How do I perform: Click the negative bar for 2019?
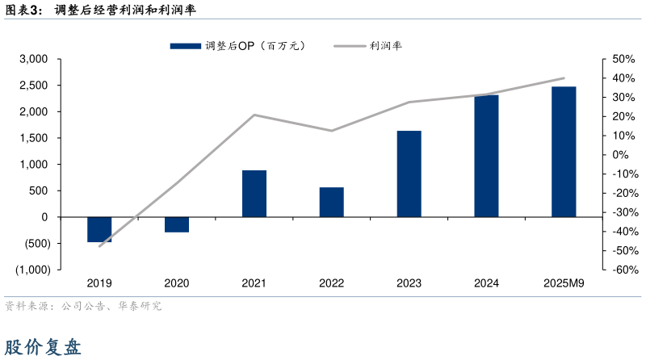(x=99, y=229)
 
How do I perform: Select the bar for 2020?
(x=177, y=224)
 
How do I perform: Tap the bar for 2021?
(x=254, y=194)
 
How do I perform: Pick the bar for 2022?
(x=331, y=202)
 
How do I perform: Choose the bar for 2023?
(x=409, y=174)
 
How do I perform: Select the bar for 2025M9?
(x=564, y=152)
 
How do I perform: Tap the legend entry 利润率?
(x=367, y=46)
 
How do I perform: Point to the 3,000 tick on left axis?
(x=35, y=59)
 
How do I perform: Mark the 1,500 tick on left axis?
(x=35, y=138)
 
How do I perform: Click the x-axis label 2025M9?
(x=564, y=283)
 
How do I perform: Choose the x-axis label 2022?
(x=331, y=283)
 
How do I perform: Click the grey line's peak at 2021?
(x=254, y=115)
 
